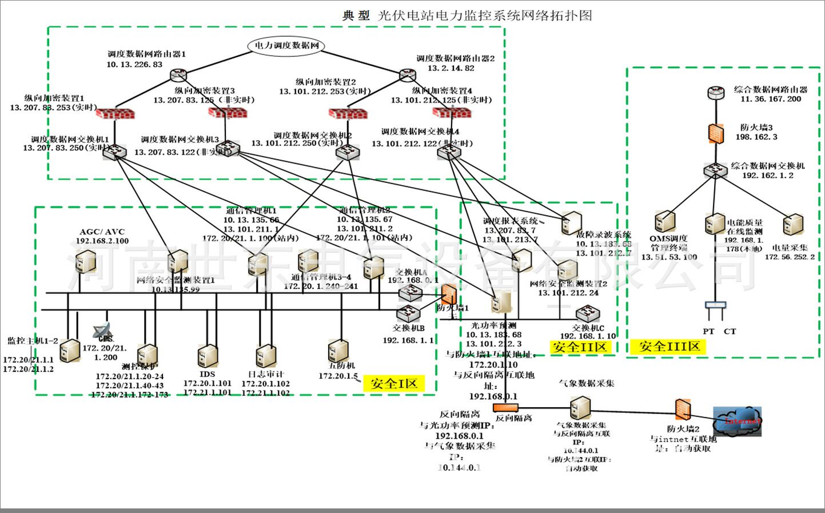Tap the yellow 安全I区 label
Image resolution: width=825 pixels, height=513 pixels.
coord(394,383)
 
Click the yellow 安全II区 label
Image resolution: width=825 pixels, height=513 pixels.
coord(580,347)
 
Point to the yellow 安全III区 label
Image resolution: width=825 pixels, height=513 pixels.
coord(669,346)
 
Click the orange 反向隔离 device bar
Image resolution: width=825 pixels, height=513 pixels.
coord(505,407)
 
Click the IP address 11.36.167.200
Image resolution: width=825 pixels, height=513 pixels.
coord(771,99)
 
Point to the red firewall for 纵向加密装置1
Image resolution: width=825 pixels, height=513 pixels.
coord(115,113)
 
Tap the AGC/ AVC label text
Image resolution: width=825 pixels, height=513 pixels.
coord(102,232)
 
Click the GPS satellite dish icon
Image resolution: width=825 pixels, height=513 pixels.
coord(103,331)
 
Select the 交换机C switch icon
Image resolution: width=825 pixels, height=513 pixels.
coord(587,313)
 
